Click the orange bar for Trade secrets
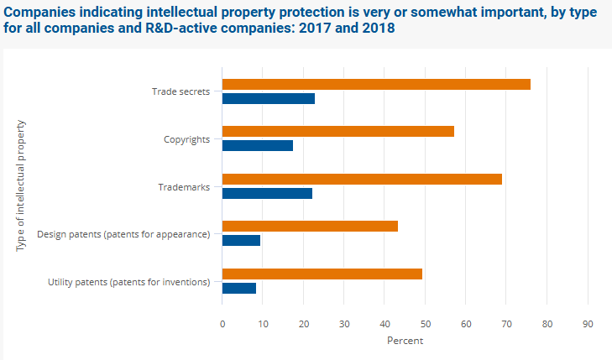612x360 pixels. point(376,84)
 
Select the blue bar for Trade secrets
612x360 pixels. point(269,98)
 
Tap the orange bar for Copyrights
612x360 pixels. point(338,131)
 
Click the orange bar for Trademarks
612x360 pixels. point(362,179)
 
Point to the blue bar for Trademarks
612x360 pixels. point(267,193)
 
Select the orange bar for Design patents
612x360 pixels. point(310,226)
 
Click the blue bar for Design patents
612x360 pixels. point(241,240)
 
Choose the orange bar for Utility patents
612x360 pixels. point(322,274)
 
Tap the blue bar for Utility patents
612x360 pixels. point(239,288)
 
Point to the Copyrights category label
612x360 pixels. point(186,139)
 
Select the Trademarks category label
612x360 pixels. point(184,186)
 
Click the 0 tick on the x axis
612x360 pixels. point(222,323)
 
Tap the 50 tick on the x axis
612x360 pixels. point(426,323)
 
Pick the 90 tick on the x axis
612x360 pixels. point(588,323)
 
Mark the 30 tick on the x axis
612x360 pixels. point(344,323)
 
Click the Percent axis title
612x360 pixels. point(405,341)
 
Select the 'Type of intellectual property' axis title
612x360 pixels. point(21,185)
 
